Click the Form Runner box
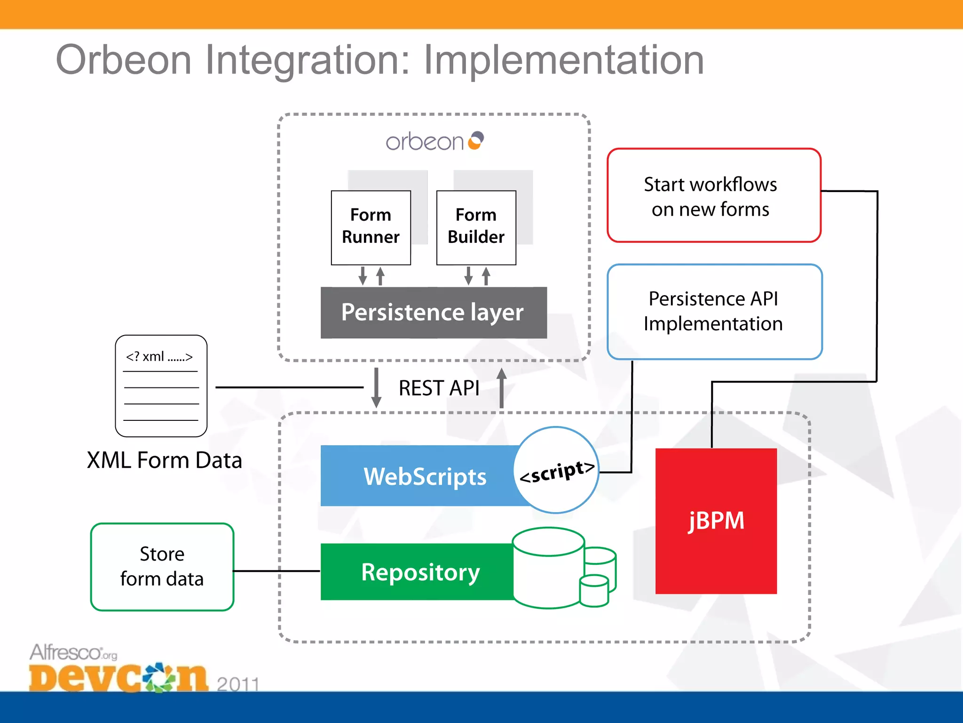pos(371,227)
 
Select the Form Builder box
pos(476,227)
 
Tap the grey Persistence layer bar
pos(433,313)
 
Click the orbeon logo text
pos(425,142)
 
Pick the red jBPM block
pos(716,521)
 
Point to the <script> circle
pos(556,470)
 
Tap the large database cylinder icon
pos(548,568)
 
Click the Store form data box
pos(162,567)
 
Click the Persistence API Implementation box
pos(714,312)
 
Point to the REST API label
pos(439,388)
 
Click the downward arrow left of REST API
pos(376,388)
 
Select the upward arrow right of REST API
pos(502,388)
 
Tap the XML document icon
pos(161,386)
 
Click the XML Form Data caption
pos(164,460)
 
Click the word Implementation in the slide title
pos(563,60)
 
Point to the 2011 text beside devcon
pos(238,683)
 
